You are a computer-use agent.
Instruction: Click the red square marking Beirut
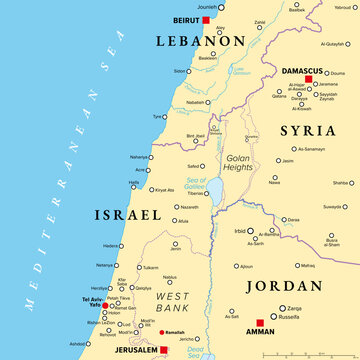tap(206, 19)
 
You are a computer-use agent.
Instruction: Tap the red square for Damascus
tap(309, 78)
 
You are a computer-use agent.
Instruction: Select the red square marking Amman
tap(260, 322)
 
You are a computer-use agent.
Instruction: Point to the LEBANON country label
tap(199, 40)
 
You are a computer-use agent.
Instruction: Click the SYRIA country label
tap(307, 130)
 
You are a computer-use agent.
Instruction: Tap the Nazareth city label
tap(175, 205)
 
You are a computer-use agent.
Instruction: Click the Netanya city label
tap(105, 265)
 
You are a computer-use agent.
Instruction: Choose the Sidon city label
tap(180, 71)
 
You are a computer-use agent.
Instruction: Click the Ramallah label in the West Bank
tap(176, 331)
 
